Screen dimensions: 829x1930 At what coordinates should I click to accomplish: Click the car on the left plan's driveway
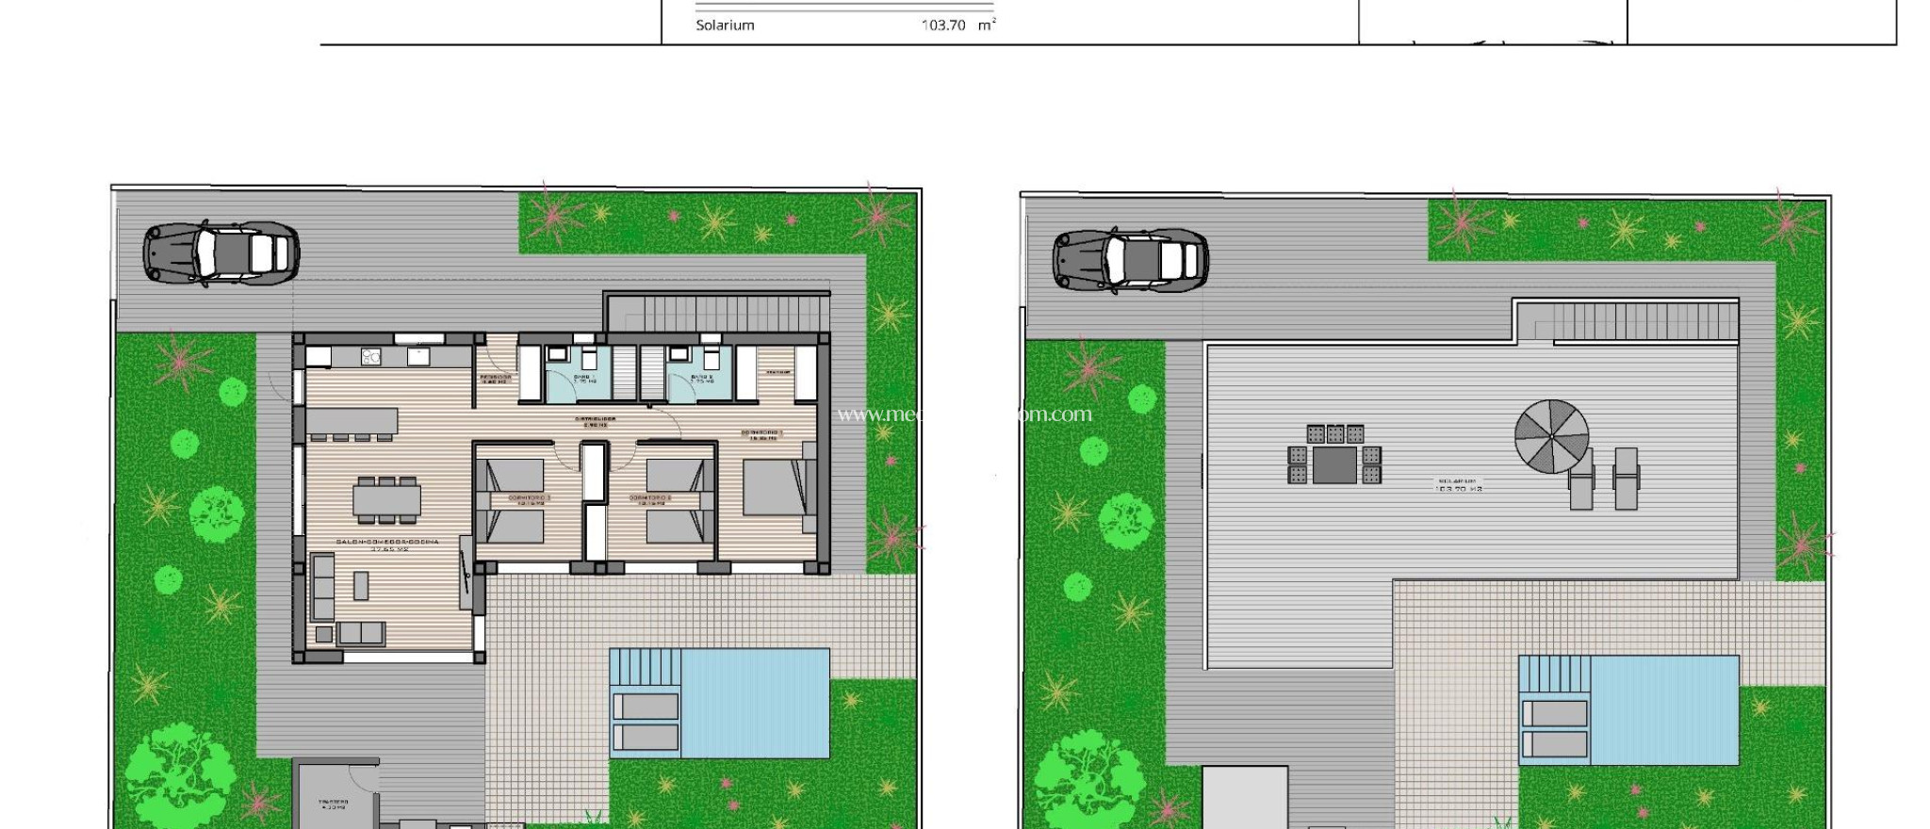(221, 253)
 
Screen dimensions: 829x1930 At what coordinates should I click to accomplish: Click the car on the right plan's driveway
(1130, 259)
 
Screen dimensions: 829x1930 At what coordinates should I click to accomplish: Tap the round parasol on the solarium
(1551, 436)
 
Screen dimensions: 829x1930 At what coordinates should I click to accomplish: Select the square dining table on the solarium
(1334, 464)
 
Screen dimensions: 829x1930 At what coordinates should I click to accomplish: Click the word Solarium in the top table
(725, 25)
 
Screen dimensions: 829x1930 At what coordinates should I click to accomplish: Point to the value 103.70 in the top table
(943, 25)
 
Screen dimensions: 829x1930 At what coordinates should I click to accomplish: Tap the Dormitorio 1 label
(764, 434)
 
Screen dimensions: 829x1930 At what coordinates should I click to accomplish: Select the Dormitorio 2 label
(650, 499)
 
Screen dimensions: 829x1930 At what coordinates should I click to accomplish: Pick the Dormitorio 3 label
(529, 499)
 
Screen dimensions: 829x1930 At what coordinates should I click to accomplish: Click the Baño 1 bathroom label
(584, 379)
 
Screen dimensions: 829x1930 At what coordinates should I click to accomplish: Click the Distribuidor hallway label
(596, 421)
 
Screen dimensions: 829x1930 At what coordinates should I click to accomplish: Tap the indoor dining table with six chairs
(386, 499)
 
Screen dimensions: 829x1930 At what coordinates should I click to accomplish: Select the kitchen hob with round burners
(370, 357)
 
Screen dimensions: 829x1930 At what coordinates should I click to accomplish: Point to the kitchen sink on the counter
(419, 356)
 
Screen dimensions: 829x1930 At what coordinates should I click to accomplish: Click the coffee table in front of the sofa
(361, 585)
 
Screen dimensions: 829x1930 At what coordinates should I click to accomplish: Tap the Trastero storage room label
(334, 805)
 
